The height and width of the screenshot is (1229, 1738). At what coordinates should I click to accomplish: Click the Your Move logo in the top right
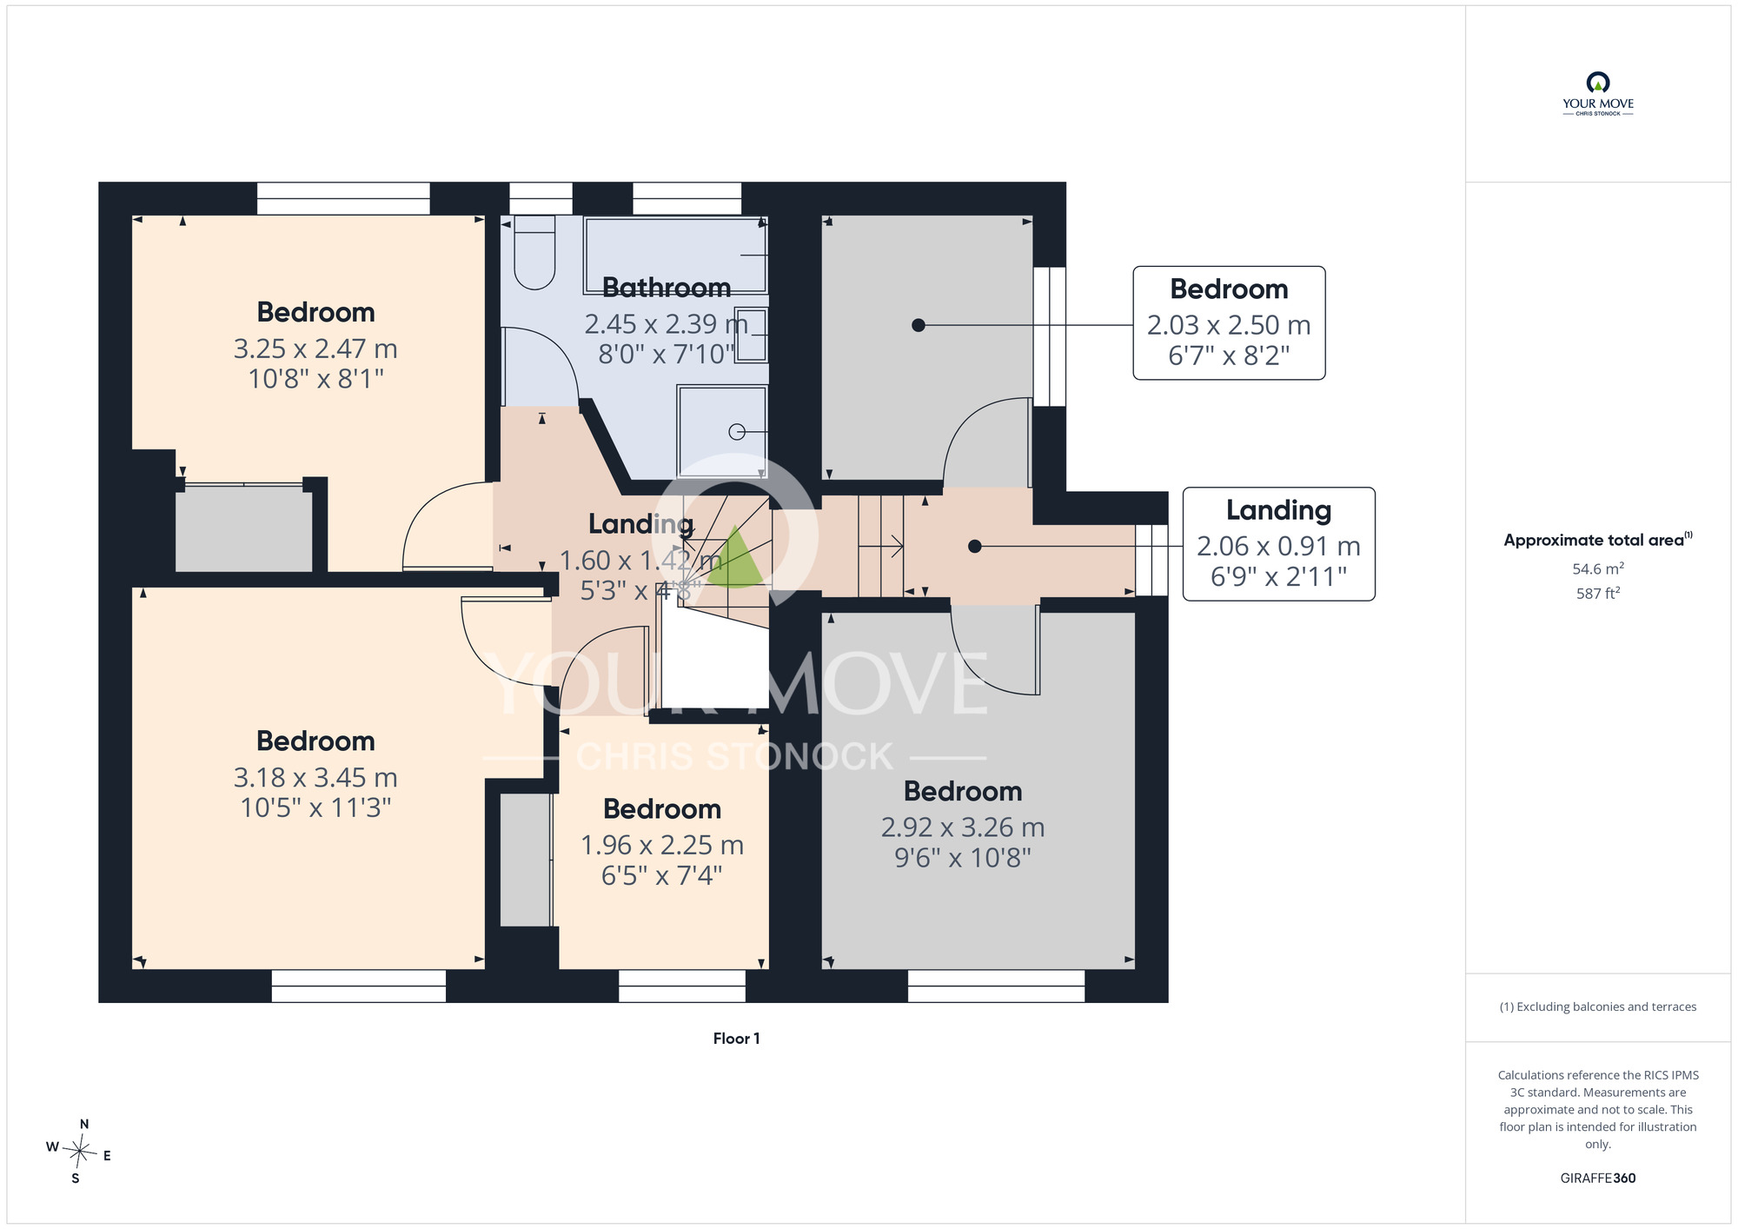[1598, 94]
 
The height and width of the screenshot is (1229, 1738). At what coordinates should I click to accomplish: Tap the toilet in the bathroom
[534, 252]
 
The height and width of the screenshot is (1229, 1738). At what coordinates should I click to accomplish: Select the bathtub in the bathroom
[676, 255]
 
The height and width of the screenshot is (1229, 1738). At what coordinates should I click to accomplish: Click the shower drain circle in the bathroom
[737, 431]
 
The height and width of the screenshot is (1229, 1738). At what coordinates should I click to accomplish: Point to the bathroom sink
[751, 334]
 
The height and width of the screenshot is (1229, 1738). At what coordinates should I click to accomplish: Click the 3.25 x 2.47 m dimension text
[315, 349]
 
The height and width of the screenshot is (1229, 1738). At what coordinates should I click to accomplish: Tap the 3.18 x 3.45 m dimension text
[315, 777]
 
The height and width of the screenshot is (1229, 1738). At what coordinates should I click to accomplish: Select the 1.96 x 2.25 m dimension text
[662, 845]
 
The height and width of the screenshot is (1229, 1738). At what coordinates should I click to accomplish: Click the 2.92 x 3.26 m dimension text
[963, 827]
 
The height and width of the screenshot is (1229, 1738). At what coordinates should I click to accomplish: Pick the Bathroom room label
[667, 288]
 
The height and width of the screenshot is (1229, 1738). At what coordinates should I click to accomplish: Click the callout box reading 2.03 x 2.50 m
[1229, 323]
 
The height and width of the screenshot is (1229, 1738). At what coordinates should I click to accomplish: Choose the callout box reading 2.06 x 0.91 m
[1279, 544]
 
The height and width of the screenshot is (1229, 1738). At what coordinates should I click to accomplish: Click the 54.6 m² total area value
[1598, 568]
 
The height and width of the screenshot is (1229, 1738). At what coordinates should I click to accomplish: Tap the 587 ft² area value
[1598, 593]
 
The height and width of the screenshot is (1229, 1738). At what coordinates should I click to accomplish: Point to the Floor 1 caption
[736, 1039]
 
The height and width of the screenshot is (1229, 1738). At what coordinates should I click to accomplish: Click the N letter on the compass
[84, 1124]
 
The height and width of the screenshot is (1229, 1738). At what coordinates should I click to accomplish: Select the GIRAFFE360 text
[1598, 1179]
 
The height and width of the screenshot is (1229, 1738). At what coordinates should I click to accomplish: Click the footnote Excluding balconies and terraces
[1598, 1006]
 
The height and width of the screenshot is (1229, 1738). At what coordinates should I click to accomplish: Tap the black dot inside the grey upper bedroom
[919, 325]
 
